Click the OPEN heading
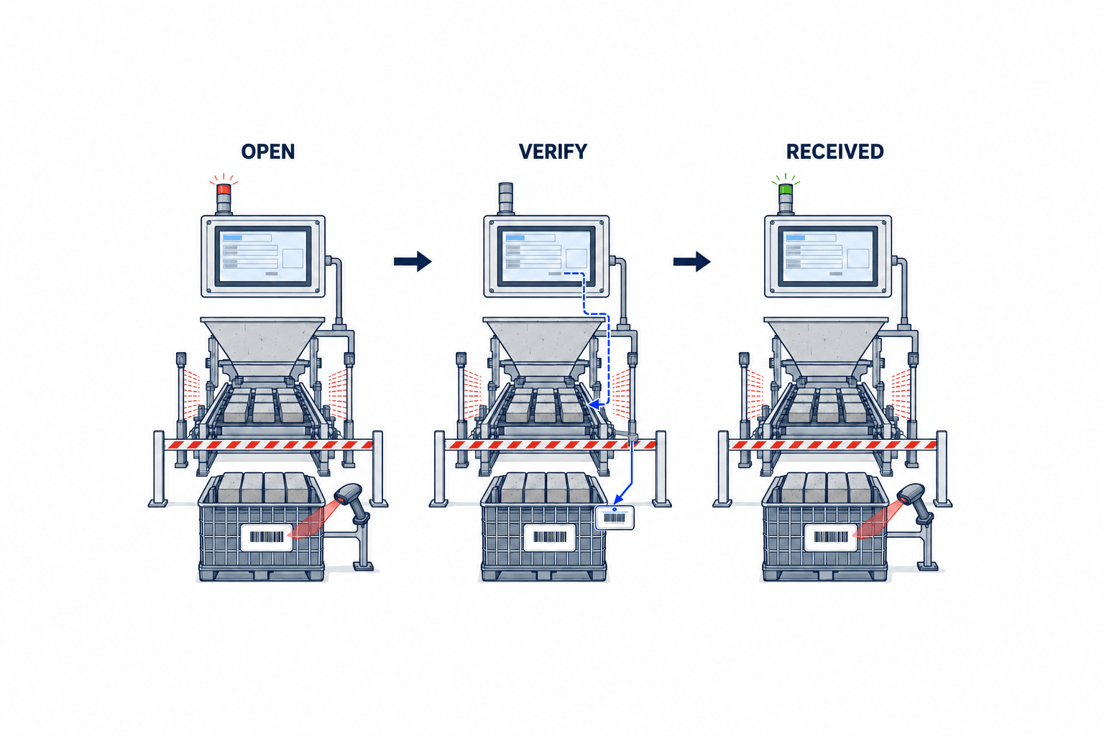pyautogui.click(x=268, y=152)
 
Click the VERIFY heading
pyautogui.click(x=553, y=152)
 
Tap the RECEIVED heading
pyautogui.click(x=835, y=152)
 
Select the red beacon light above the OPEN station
pyautogui.click(x=224, y=189)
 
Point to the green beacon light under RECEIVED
pyautogui.click(x=786, y=189)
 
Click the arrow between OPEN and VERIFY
pyautogui.click(x=413, y=262)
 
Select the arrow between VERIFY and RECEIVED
pyautogui.click(x=692, y=262)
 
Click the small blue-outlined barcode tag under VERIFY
pyautogui.click(x=615, y=517)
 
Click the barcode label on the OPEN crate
pyautogui.click(x=267, y=538)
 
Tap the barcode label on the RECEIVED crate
pyautogui.click(x=830, y=538)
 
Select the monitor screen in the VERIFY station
pyautogui.click(x=546, y=257)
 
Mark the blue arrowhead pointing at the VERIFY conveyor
pyautogui.click(x=596, y=405)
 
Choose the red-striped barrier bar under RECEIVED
pyautogui.click(x=833, y=445)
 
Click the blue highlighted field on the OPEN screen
pyautogui.click(x=233, y=238)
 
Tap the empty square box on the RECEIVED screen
pyautogui.click(x=857, y=258)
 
